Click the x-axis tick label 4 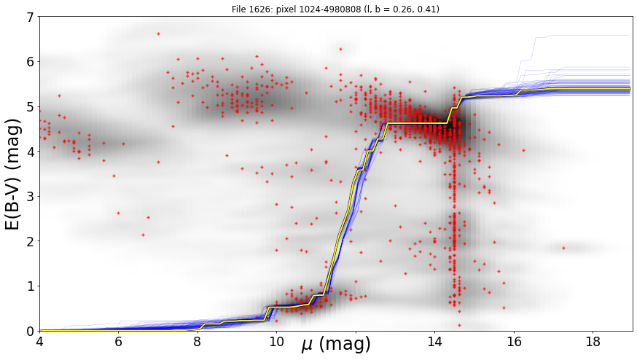click(x=39, y=341)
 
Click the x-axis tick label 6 click(x=118, y=341)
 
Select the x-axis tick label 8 click(x=197, y=341)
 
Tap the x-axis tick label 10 click(x=276, y=341)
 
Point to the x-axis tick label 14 click(x=434, y=341)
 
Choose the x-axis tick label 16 click(x=514, y=341)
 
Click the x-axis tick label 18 click(x=593, y=341)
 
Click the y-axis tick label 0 click(x=31, y=331)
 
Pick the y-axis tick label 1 click(x=31, y=286)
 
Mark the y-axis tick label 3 click(x=31, y=196)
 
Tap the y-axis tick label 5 click(x=31, y=106)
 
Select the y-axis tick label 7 click(x=31, y=17)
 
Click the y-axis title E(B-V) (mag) click(x=13, y=174)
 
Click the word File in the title click(x=238, y=9)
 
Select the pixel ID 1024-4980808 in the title click(x=330, y=9)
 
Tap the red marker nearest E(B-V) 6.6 click(x=158, y=34)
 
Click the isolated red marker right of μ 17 click(x=563, y=248)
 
